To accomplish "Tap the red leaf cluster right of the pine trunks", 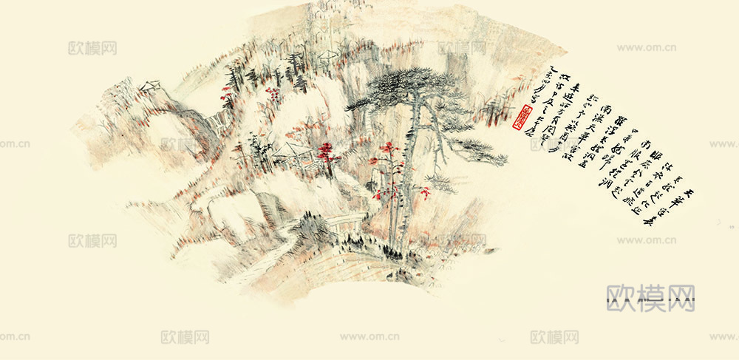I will pyautogui.click(x=423, y=194).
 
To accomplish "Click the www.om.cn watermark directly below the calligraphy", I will pyautogui.click(x=647, y=240).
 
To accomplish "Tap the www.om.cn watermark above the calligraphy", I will pyautogui.click(x=647, y=48).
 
